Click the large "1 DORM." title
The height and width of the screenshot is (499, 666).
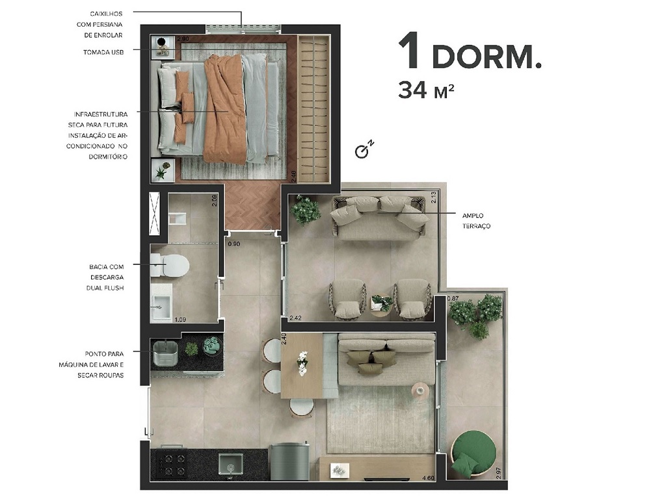(470, 54)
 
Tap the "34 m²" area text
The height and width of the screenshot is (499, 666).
(426, 90)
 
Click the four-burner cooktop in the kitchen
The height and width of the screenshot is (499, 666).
(168, 464)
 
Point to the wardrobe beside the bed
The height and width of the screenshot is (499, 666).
(314, 107)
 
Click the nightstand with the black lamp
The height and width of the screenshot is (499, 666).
(163, 47)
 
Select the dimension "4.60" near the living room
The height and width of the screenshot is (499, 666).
(427, 479)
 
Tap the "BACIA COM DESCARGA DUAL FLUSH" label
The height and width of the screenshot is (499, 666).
(107, 277)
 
